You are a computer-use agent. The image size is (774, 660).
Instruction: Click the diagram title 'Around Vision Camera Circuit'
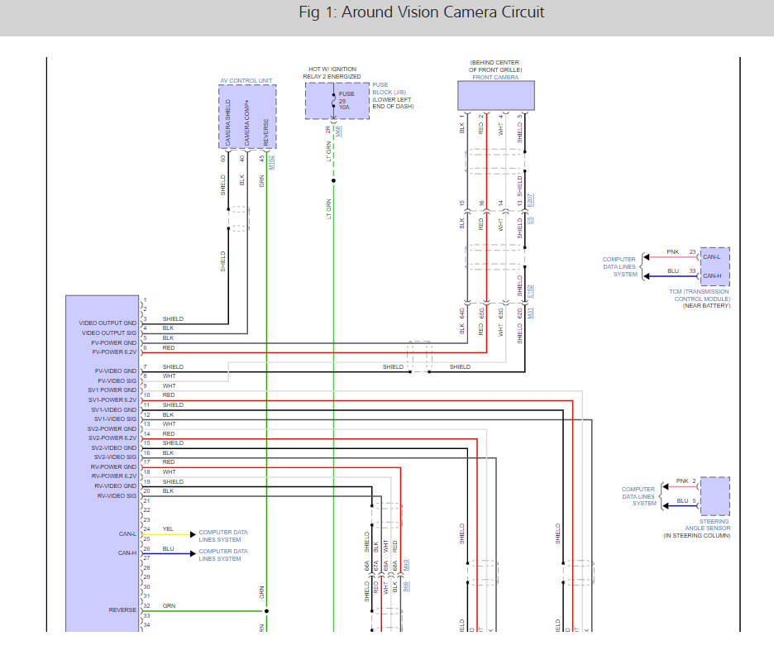[422, 12]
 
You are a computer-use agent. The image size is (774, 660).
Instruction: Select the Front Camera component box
[496, 95]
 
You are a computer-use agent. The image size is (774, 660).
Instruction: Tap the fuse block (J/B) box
[333, 101]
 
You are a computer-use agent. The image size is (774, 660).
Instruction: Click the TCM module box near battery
[714, 265]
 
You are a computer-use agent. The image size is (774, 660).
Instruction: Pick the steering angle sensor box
[714, 495]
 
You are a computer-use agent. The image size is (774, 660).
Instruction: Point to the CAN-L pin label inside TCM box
[711, 256]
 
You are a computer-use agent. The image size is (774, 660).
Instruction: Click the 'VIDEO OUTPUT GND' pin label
[107, 323]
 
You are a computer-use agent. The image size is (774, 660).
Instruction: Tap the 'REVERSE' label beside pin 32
[122, 610]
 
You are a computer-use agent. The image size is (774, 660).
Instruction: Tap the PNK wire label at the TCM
[672, 251]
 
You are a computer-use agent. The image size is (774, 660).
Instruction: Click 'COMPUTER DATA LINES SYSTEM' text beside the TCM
[619, 266]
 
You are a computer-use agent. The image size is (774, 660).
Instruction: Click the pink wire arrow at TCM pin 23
[650, 257]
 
